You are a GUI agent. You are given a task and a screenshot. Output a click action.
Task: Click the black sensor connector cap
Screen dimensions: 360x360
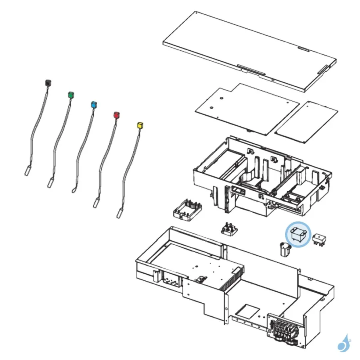click(48, 83)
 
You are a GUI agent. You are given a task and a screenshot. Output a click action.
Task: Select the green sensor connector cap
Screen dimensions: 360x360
click(70, 95)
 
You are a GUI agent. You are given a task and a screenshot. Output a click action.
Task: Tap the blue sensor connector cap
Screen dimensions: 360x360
click(94, 104)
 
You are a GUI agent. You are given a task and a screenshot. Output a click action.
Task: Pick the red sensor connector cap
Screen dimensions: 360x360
click(116, 115)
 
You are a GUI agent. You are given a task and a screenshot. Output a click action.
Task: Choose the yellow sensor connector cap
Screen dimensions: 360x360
click(140, 125)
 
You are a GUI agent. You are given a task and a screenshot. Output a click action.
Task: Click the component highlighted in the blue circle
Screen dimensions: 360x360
click(297, 234)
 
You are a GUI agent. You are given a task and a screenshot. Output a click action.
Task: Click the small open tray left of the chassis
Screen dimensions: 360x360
click(187, 209)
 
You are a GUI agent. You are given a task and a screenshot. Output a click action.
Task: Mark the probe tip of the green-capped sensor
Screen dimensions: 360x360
click(50, 183)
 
